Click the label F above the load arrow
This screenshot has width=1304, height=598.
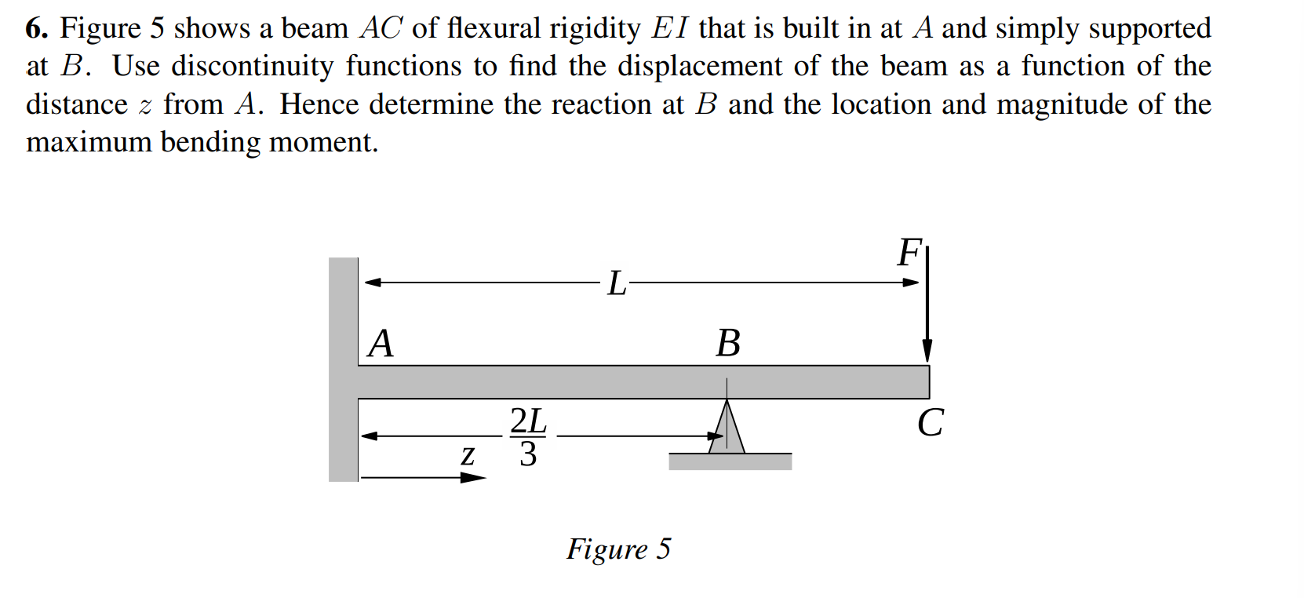[x=909, y=253]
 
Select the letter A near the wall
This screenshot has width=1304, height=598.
[x=381, y=343]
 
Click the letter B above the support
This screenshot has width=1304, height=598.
[x=728, y=343]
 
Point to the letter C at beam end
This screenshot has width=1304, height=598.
[x=931, y=422]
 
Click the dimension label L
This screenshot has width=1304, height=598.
[x=617, y=283]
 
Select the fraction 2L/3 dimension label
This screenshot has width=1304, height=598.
[x=528, y=436]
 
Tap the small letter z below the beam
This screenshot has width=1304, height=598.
[x=468, y=454]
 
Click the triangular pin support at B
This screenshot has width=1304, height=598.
[x=728, y=430]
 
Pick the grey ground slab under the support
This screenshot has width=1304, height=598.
[x=730, y=461]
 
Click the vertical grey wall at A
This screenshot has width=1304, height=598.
[x=343, y=369]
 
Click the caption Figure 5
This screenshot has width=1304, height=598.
[x=618, y=549]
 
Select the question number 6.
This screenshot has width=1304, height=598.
[x=35, y=29]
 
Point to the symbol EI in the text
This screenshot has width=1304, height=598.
[x=670, y=29]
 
